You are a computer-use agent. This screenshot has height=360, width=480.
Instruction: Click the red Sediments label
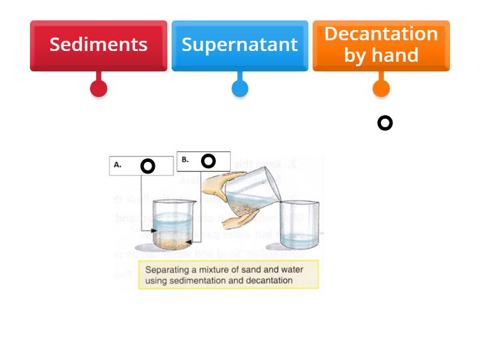pyautogui.click(x=98, y=45)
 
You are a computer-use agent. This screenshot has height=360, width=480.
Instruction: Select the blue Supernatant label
pyautogui.click(x=239, y=45)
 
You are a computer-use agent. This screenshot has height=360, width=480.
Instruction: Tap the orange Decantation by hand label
pyautogui.click(x=381, y=45)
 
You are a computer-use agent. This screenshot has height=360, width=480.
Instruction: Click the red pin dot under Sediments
pyautogui.click(x=98, y=89)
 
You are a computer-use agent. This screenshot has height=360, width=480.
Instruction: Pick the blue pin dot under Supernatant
pyautogui.click(x=239, y=89)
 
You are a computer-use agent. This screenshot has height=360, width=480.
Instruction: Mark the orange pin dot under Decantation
pyautogui.click(x=381, y=89)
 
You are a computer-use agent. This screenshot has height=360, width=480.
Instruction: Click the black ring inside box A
pyautogui.click(x=148, y=166)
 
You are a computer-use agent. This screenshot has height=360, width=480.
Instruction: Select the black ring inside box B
pyautogui.click(x=208, y=161)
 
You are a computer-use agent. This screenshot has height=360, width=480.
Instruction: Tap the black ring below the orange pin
pyautogui.click(x=385, y=123)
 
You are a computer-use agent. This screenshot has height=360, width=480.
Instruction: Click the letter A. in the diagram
pyautogui.click(x=118, y=164)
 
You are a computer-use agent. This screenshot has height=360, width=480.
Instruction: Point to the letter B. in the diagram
pyautogui.click(x=185, y=160)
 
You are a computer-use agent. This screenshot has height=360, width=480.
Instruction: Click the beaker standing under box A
pyautogui.click(x=170, y=226)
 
